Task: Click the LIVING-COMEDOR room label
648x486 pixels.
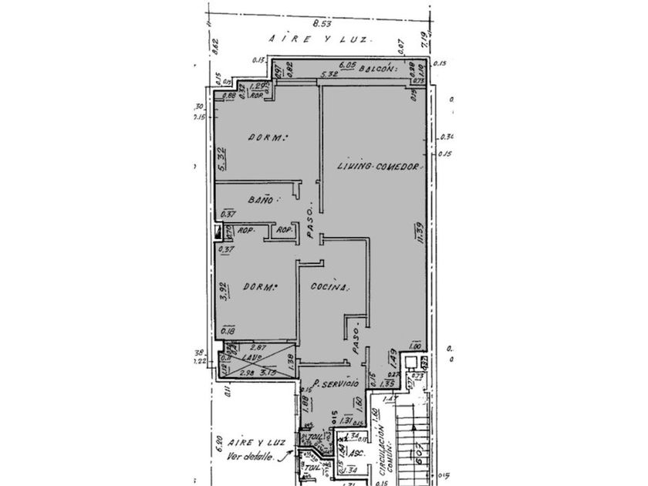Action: coord(377,167)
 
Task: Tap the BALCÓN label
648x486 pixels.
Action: coord(381,69)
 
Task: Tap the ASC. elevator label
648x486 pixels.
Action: coord(353,454)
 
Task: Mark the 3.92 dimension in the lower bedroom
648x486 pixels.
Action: coord(222,292)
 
